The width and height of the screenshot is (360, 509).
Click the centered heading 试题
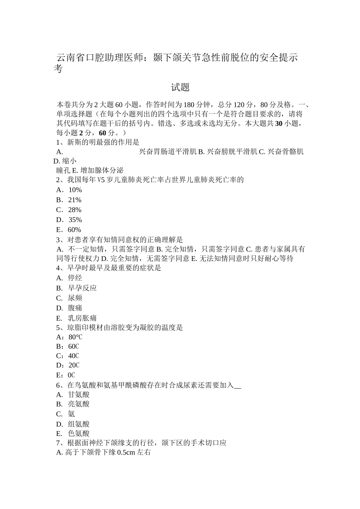(180, 87)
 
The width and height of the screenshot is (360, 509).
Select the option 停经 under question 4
(75, 278)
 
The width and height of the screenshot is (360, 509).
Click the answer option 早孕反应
(82, 288)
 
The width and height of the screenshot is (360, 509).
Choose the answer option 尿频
(75, 298)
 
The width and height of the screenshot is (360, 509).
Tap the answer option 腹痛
(75, 308)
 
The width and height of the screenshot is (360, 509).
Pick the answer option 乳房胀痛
(82, 318)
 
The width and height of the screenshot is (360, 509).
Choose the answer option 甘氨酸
(78, 395)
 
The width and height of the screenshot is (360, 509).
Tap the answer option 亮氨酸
(78, 404)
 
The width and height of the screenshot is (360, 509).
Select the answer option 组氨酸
(78, 424)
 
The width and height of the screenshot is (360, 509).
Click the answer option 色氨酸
(78, 434)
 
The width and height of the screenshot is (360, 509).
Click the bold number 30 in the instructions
(278, 123)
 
